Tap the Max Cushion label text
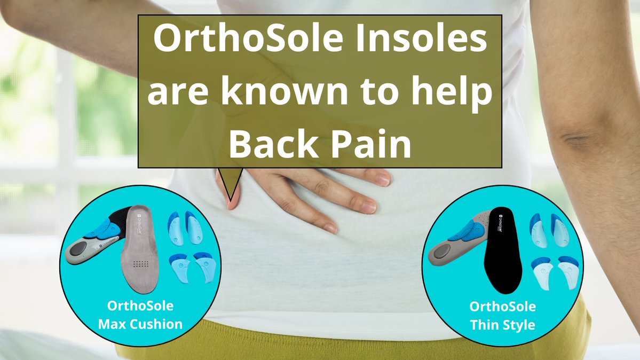coord(140,324)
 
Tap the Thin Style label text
coord(503,324)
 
